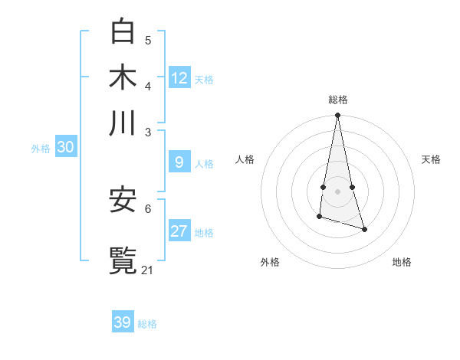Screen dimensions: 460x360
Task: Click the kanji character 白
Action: coord(123,31)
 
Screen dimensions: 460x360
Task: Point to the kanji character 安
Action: coord(123,200)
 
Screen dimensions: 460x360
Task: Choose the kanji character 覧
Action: coord(123,260)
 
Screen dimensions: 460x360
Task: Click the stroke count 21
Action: coord(148,270)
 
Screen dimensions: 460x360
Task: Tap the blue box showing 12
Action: coord(179,78)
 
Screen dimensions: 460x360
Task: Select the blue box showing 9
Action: coord(179,162)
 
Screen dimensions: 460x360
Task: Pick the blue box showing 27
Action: coord(179,232)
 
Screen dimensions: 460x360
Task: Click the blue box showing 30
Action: coord(65,148)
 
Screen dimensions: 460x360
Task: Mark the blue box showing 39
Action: coord(122,322)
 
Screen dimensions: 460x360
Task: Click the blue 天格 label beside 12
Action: coord(204,80)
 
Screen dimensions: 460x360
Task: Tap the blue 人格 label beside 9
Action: coord(204,164)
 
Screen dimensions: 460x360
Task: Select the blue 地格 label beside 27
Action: coord(204,234)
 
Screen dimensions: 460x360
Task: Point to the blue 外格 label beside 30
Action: coord(41,149)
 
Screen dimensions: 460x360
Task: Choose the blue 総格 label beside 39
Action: coord(147,324)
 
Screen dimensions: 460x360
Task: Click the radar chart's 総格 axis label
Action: coord(338,100)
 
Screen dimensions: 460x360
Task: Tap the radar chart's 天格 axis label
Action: coord(431,159)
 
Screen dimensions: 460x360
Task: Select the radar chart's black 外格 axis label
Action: coord(270,262)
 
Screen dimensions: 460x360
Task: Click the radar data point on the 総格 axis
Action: coord(337,116)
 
